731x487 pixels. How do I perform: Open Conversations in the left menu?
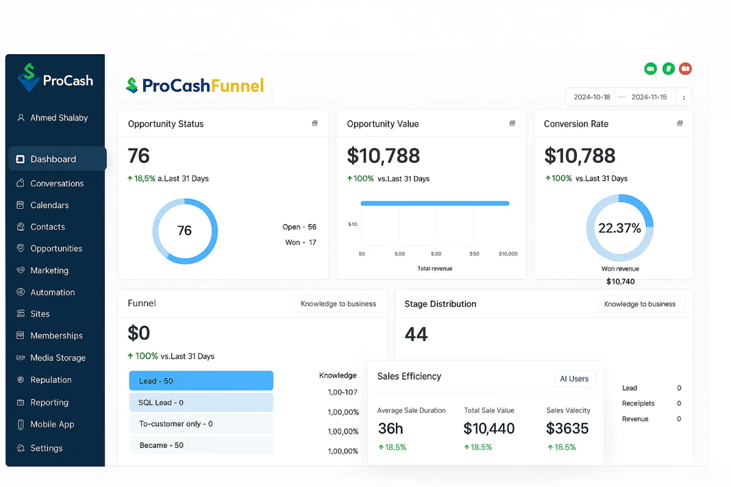click(x=57, y=183)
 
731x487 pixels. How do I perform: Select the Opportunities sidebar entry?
click(x=56, y=248)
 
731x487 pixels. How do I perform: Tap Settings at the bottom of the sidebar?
click(x=46, y=448)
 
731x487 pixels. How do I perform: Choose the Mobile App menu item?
click(x=52, y=424)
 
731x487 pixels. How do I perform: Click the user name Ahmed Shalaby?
click(x=59, y=118)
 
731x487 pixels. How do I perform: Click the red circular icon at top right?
click(x=685, y=69)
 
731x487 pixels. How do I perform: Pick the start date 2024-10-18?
click(x=592, y=97)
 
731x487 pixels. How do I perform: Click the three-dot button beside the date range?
click(x=684, y=97)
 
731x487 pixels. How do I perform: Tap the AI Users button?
click(x=574, y=379)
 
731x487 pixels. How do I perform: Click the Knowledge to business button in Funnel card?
click(x=338, y=304)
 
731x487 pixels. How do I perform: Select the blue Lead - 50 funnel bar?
click(x=201, y=381)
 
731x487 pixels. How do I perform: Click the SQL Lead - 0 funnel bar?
click(x=201, y=402)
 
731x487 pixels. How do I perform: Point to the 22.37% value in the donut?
click(x=620, y=228)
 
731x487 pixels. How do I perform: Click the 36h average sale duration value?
click(x=390, y=429)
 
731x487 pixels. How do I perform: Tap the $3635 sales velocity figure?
click(x=567, y=429)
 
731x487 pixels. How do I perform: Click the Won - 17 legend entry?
click(x=300, y=242)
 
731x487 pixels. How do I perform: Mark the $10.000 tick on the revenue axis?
click(x=507, y=254)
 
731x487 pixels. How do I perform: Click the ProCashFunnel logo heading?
click(x=195, y=86)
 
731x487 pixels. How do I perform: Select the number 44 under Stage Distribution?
click(x=416, y=334)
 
